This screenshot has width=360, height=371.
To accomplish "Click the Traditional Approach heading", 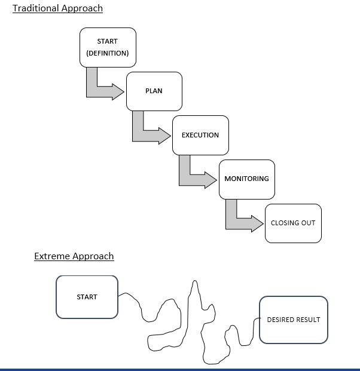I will pos(57,8).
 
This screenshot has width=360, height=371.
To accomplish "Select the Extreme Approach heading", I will pos(74,256).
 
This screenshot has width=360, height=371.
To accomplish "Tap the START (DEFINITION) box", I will pos(108,47).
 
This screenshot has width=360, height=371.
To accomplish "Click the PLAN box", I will pos(154,91).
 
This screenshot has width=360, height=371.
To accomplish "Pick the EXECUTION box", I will pos(200,135).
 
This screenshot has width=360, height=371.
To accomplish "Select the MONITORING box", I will pos(246,179).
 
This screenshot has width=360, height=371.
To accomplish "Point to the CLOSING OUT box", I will pos(293,223).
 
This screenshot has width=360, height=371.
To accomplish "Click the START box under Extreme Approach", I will pos(87,297).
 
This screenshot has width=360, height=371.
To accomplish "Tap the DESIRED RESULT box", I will pos(293,320).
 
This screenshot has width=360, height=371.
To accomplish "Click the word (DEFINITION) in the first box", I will pos(108,53).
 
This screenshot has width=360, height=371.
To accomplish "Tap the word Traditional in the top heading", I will pos(36,8).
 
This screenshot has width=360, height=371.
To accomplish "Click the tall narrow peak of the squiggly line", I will pos(193,293).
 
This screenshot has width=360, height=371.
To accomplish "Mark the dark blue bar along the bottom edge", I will pos(180,369).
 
